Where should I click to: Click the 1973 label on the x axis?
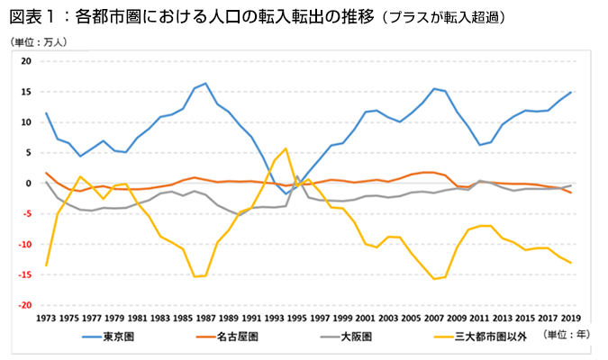click(46, 318)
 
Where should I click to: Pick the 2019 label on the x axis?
click(570, 318)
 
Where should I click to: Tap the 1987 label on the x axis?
click(205, 318)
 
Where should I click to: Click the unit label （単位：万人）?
click(40, 41)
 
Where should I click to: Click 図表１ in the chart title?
click(36, 16)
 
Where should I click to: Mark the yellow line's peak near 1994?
click(286, 148)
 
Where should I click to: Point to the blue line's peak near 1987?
click(205, 84)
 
